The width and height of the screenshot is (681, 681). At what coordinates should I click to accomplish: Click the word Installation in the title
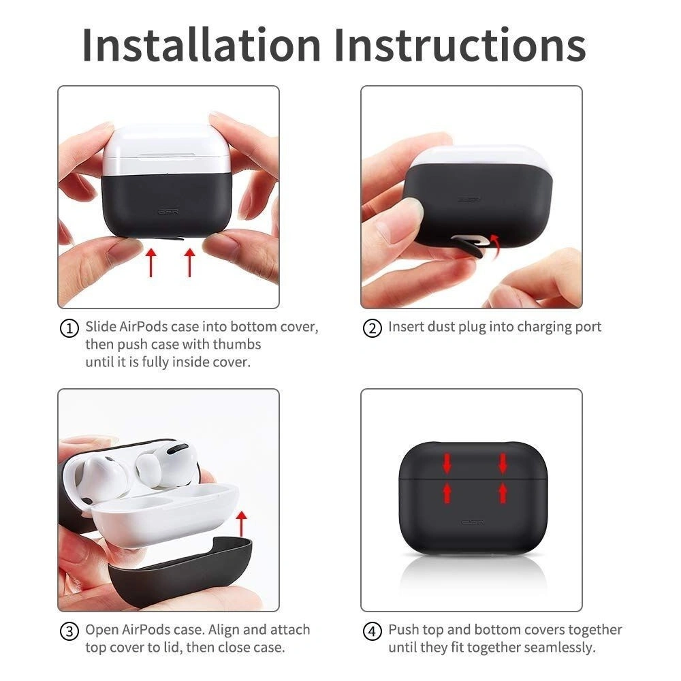[x=201, y=45]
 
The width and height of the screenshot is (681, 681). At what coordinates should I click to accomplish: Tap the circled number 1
[x=69, y=328]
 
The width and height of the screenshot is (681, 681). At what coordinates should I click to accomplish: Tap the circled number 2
[x=372, y=328]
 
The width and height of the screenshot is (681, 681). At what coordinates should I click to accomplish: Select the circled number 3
[x=69, y=631]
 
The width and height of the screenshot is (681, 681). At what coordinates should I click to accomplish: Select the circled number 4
[x=372, y=631]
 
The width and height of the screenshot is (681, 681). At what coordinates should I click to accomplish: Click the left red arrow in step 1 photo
[x=151, y=262]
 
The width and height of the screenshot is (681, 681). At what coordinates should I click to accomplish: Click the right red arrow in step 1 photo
[x=189, y=262]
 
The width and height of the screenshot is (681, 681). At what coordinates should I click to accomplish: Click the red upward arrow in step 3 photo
[x=240, y=524]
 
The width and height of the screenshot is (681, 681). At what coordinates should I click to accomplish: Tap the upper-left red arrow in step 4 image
[x=447, y=464]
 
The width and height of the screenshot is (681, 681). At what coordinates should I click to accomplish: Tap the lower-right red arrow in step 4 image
[x=503, y=492]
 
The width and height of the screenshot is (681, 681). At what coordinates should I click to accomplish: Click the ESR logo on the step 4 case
[x=473, y=523]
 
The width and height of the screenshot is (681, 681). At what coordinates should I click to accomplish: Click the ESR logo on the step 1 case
[x=168, y=212]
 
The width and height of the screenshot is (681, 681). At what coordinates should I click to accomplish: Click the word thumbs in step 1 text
[x=238, y=345]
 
